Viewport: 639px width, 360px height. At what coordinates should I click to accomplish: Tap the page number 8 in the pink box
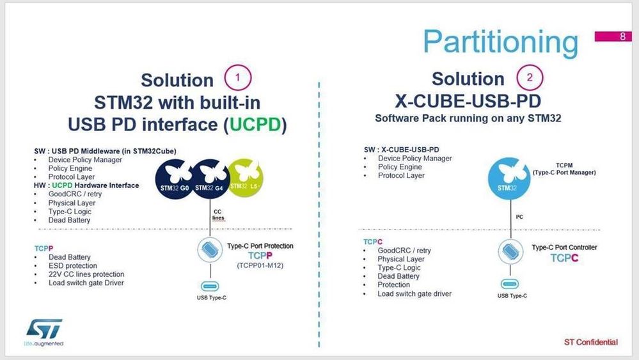click(x=622, y=36)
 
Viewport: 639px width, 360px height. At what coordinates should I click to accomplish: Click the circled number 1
click(x=237, y=78)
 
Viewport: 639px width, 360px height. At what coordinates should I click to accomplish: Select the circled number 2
click(x=529, y=77)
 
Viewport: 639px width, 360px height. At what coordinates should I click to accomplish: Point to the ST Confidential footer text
click(x=590, y=342)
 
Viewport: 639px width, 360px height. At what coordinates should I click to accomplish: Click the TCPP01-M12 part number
click(x=260, y=265)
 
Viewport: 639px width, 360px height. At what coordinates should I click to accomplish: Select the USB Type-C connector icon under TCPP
click(x=212, y=286)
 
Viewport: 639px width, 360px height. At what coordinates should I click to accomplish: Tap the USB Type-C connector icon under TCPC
click(x=510, y=284)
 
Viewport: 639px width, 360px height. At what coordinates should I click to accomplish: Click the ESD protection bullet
click(x=73, y=265)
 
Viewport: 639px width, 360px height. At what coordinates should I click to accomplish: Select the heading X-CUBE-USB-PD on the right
click(x=468, y=102)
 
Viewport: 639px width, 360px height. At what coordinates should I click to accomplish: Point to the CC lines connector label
click(x=219, y=214)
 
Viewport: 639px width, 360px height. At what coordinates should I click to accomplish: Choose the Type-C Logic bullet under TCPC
click(x=399, y=268)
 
